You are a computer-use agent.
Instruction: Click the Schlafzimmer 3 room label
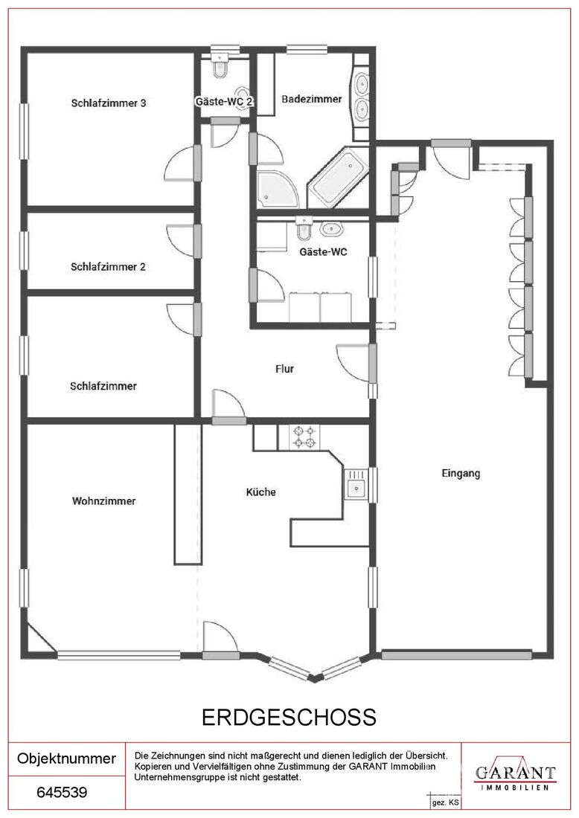click(109, 103)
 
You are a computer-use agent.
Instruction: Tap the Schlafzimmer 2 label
click(108, 266)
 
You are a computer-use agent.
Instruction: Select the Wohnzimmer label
click(104, 500)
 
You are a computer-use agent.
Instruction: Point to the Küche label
click(261, 492)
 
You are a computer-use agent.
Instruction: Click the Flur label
click(284, 369)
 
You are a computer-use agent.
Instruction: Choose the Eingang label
click(461, 473)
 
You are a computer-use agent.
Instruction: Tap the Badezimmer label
click(312, 99)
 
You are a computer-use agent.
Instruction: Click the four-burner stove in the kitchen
click(305, 437)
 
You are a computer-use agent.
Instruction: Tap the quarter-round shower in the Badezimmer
click(278, 188)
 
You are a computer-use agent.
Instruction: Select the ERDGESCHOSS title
click(289, 718)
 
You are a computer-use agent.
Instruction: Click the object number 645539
click(62, 793)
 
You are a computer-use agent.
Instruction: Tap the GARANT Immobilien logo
click(515, 773)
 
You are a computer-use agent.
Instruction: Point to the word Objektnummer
click(66, 759)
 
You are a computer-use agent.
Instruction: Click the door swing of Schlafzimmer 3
click(180, 163)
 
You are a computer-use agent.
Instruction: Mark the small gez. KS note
click(445, 803)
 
